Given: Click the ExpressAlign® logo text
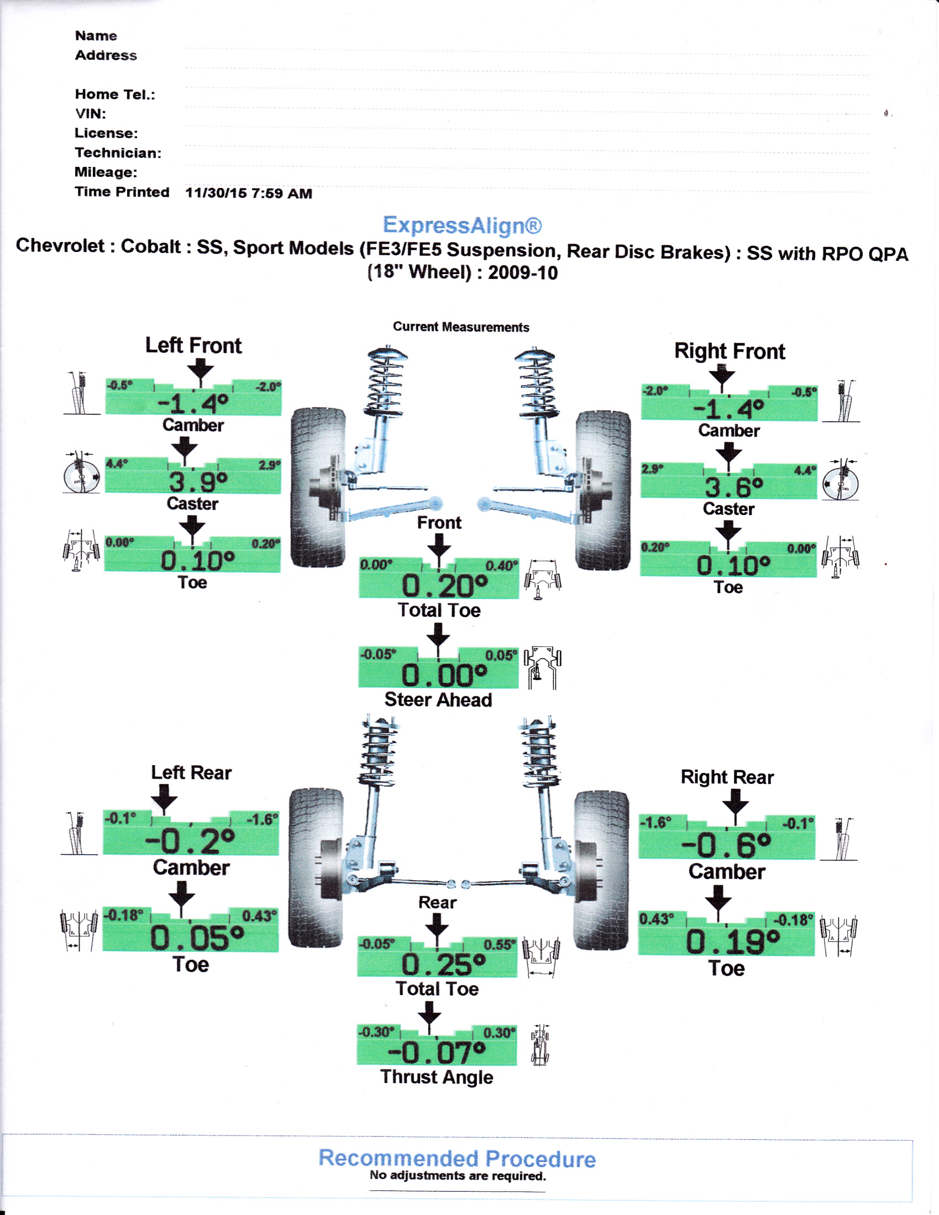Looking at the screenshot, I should point(462,225).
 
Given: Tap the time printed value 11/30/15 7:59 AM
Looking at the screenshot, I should point(248,193).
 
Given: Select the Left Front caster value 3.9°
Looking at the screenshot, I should point(198,482).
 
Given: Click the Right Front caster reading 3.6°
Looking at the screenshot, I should point(733,488).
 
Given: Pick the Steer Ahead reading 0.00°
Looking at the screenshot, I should point(444,676).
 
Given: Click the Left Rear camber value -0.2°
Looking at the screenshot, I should point(190,841).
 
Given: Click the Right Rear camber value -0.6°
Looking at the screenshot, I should point(726,845).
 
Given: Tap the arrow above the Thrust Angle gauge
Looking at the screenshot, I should point(429,1016).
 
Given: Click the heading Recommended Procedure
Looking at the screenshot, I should point(457,1159).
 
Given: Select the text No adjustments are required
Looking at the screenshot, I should point(458,1176).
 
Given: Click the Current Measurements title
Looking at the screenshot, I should point(461,327).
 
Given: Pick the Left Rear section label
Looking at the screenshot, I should point(191,773).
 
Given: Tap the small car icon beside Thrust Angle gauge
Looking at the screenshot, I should point(539,1046).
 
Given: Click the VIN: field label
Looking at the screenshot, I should point(90,113).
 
